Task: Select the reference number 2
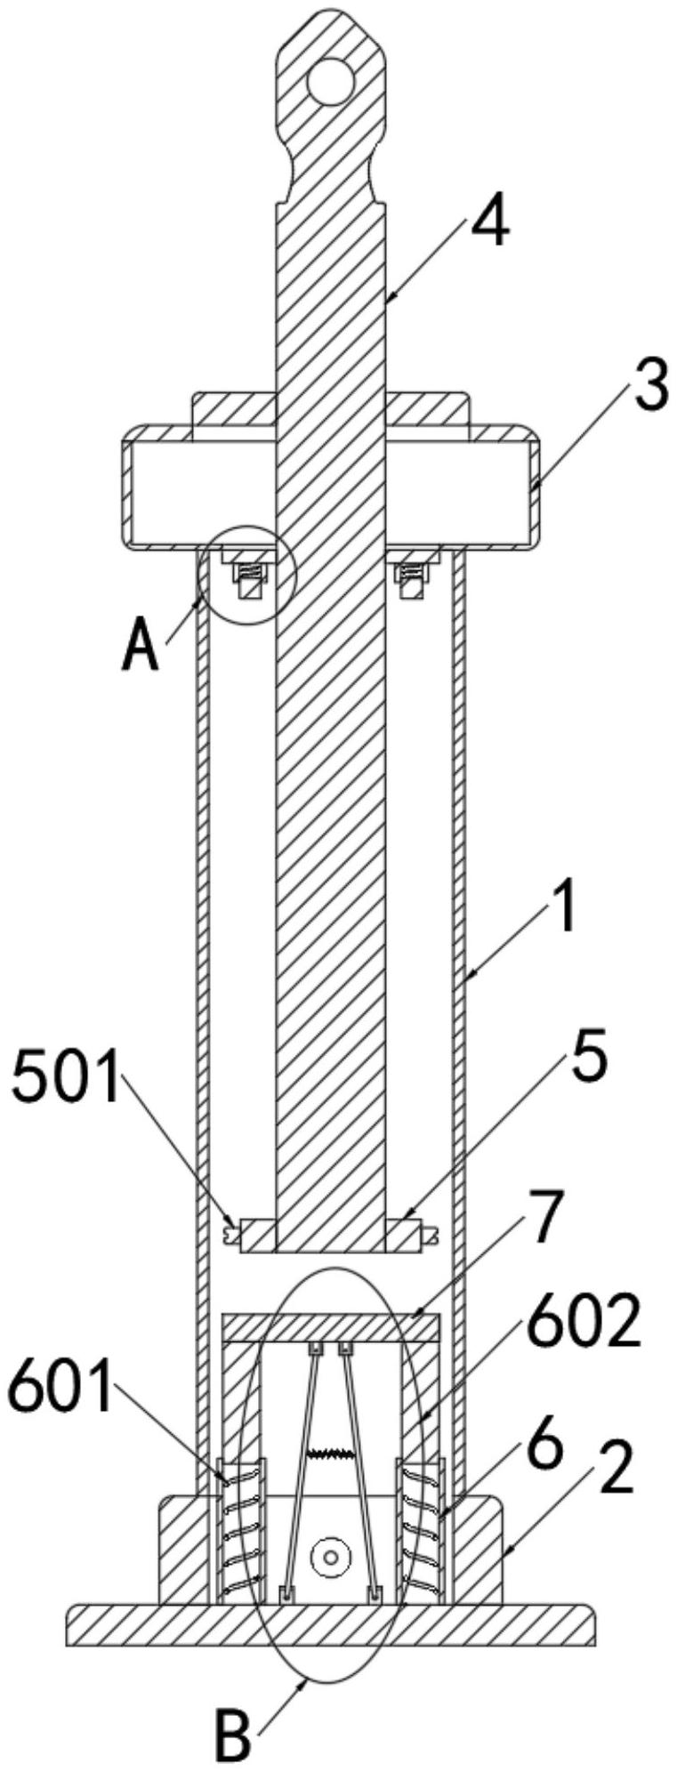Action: tap(617, 1470)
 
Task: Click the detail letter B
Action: tap(233, 1730)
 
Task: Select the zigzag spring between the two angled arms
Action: tap(330, 1454)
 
